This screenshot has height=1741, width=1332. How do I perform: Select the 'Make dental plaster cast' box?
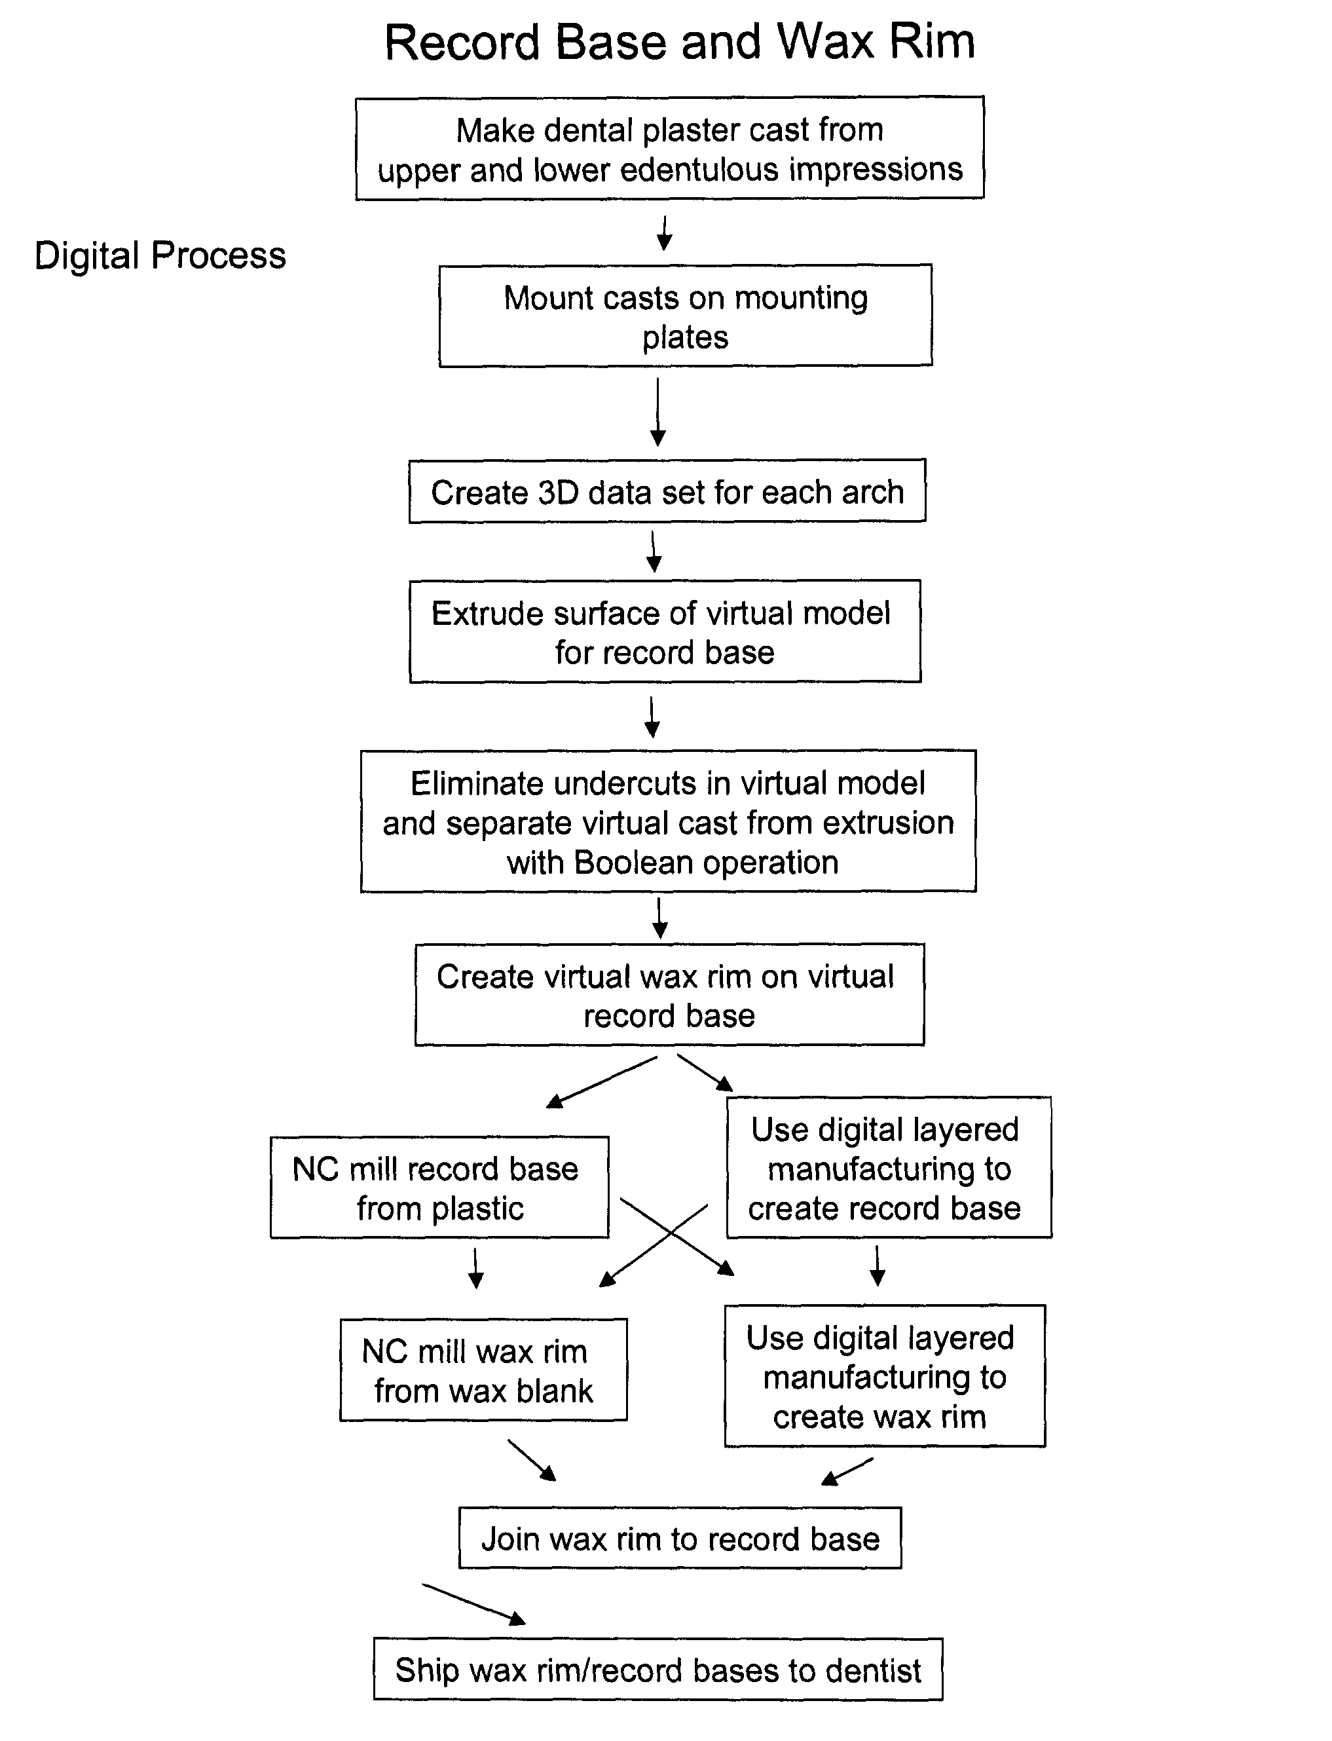tap(669, 148)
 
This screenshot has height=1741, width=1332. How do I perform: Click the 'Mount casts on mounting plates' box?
tap(685, 316)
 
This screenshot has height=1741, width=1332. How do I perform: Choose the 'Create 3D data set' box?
tap(667, 491)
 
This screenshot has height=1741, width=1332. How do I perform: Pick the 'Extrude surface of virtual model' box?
tap(665, 631)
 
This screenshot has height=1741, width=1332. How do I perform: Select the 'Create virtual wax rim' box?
tap(669, 995)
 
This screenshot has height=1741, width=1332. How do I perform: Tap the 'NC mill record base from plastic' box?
tap(439, 1188)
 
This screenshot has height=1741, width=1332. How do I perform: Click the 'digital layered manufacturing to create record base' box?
tap(888, 1168)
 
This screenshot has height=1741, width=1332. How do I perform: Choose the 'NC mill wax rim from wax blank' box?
tap(483, 1370)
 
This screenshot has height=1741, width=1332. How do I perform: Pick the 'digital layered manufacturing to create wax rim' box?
tap(884, 1376)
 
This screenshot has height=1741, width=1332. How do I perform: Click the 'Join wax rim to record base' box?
tap(680, 1538)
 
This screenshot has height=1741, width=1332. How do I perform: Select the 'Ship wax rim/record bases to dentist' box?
tap(658, 1670)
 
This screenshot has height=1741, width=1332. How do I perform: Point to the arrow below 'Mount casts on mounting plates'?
tap(657, 412)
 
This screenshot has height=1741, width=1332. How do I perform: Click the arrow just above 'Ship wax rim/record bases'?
tap(474, 1603)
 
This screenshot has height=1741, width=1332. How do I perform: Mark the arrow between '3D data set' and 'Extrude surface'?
tap(654, 551)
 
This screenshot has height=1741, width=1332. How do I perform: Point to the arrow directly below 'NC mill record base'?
tap(475, 1269)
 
